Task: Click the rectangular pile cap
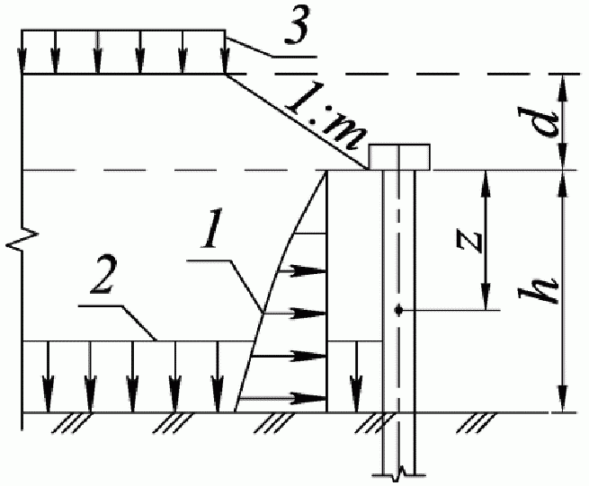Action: click(x=400, y=156)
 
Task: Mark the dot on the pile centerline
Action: click(x=398, y=311)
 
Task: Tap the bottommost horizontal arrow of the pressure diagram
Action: click(x=292, y=396)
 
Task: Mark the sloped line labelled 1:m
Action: click(x=297, y=122)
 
